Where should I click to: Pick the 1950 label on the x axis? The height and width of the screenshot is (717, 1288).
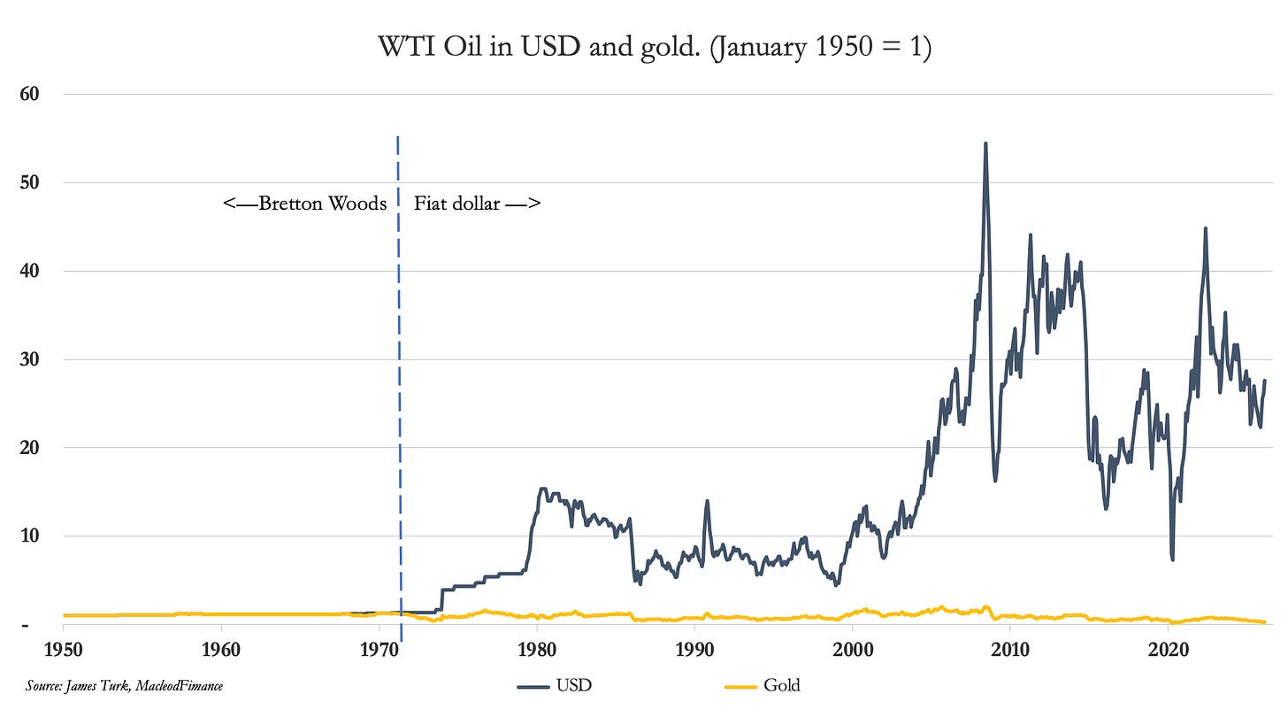tap(63, 647)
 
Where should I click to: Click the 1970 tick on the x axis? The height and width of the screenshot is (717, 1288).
tap(379, 647)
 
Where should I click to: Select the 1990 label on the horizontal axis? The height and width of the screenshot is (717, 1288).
tap(695, 647)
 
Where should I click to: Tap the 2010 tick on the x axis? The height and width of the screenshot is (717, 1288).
tap(1011, 647)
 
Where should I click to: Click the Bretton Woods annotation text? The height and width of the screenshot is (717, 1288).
tap(305, 204)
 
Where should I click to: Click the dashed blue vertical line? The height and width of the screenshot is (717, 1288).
tap(399, 398)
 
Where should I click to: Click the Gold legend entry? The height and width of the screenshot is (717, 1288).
tap(762, 685)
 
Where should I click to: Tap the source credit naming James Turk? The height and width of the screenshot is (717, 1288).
tap(124, 685)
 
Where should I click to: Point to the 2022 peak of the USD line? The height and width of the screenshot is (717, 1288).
tap(1205, 228)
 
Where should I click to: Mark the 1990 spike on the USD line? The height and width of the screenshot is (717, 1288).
tap(707, 501)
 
